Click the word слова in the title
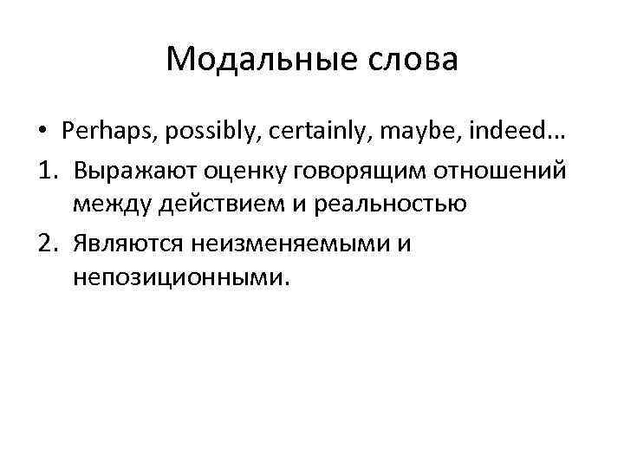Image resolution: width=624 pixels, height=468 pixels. tap(415, 61)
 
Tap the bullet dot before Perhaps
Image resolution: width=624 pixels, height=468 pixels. tap(42, 131)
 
